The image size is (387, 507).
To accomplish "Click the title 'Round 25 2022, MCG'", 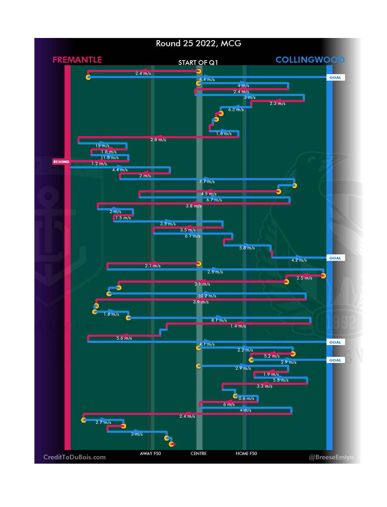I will [x=199, y=43].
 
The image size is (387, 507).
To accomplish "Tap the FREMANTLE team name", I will [x=77, y=60].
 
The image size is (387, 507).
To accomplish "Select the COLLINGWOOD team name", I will [x=310, y=60].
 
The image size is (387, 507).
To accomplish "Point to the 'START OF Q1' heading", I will [x=198, y=63].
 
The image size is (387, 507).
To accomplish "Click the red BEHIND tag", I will [x=61, y=162].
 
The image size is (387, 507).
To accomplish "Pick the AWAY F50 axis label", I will [x=150, y=454].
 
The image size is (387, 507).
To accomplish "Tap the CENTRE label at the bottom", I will [x=199, y=454].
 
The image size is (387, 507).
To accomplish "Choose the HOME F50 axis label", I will [x=246, y=454].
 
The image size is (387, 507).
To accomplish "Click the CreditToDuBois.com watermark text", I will [x=75, y=457].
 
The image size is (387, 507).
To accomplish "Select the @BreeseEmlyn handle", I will [x=331, y=457].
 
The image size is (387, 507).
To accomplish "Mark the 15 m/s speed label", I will [x=102, y=146].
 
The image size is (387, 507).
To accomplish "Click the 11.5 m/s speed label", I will [x=110, y=158].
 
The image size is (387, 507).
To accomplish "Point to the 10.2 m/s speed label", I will [x=207, y=296].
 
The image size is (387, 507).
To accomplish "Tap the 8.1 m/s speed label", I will [x=219, y=320].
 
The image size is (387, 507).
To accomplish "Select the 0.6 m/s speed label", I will [x=247, y=398].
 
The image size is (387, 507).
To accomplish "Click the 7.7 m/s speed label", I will [x=207, y=182].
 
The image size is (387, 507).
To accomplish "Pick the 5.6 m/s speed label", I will [x=124, y=338].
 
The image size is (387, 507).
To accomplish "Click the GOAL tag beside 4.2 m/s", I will [x=335, y=258].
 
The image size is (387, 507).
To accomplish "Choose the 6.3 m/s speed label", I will [x=236, y=110].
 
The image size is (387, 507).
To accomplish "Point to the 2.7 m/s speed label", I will [x=103, y=422].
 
